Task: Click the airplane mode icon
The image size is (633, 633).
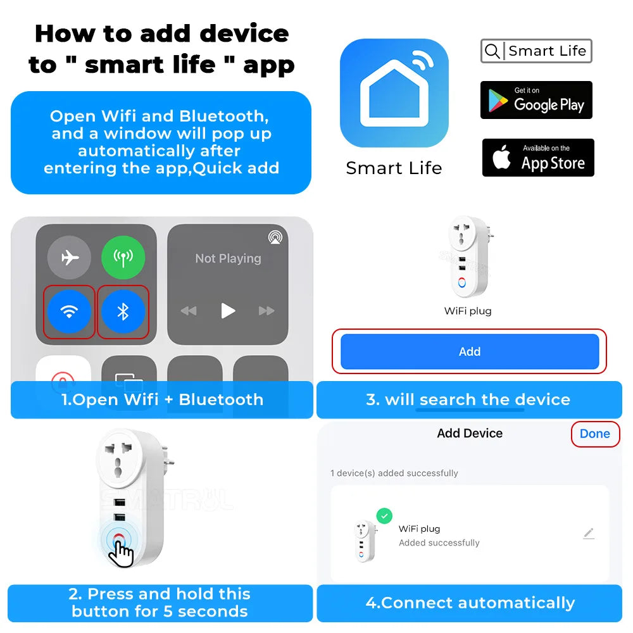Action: pyautogui.click(x=69, y=258)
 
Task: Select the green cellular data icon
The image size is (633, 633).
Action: pyautogui.click(x=123, y=258)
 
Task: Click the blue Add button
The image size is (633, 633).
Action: pyautogui.click(x=470, y=351)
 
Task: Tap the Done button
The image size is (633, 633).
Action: pyautogui.click(x=595, y=434)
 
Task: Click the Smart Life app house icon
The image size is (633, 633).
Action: pyautogui.click(x=394, y=93)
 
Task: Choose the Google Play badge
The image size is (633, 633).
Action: pyautogui.click(x=536, y=100)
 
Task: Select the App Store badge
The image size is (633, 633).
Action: pyautogui.click(x=538, y=158)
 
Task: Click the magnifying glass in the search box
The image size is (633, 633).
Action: pyautogui.click(x=492, y=51)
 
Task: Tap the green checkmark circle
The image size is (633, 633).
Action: pyautogui.click(x=384, y=516)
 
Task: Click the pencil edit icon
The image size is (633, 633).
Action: pyautogui.click(x=589, y=534)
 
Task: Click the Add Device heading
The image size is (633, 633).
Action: pyautogui.click(x=470, y=434)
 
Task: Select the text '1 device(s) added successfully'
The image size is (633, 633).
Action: pyautogui.click(x=394, y=473)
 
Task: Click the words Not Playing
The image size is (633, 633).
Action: pyautogui.click(x=228, y=258)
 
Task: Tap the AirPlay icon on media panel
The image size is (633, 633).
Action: pyautogui.click(x=275, y=237)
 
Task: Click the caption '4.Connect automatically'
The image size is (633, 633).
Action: pyautogui.click(x=470, y=603)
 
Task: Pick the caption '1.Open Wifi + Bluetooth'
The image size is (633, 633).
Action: pyautogui.click(x=162, y=399)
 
